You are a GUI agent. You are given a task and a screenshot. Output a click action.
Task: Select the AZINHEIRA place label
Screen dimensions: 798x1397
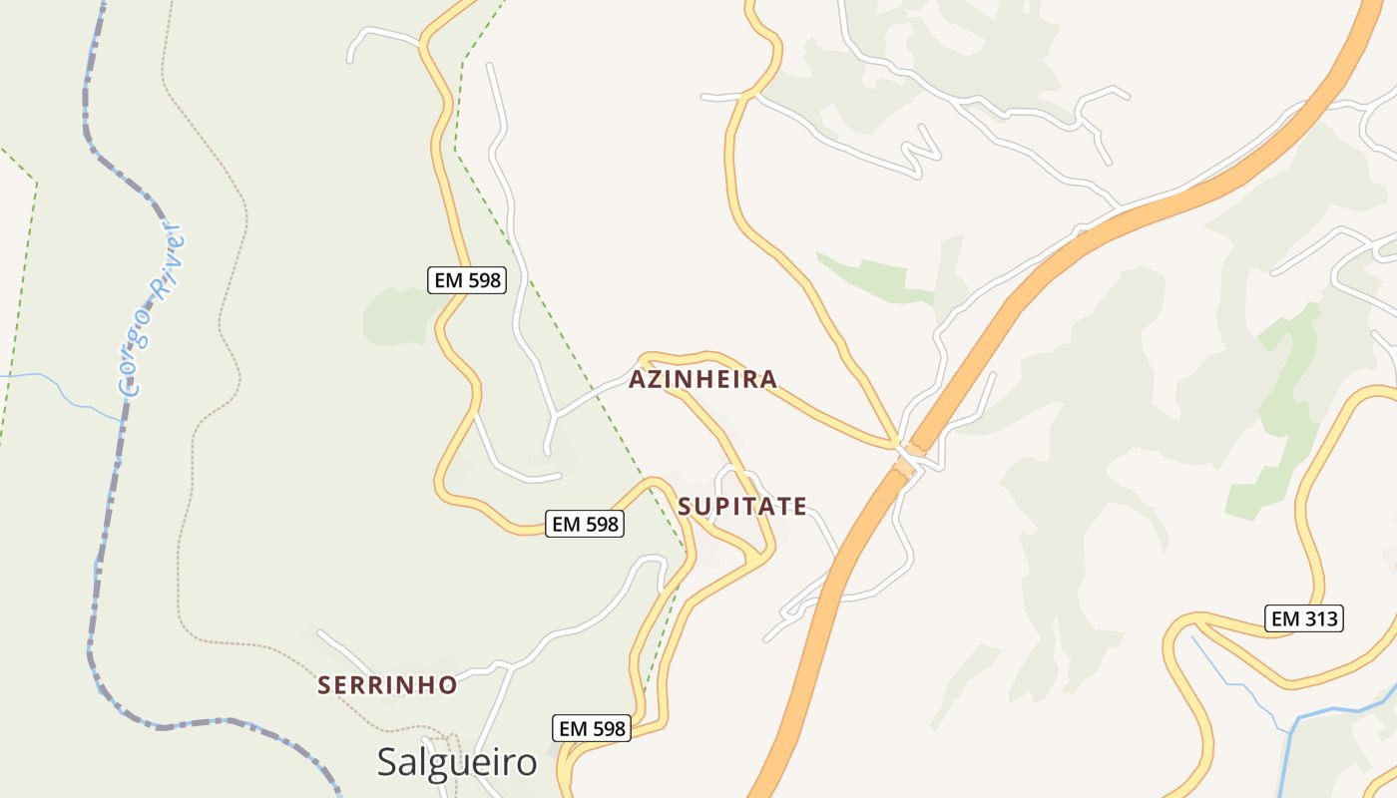click(702, 379)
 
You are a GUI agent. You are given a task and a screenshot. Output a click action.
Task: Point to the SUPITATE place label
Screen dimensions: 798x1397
click(742, 507)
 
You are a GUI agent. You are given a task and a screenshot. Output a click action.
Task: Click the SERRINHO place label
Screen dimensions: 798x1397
click(387, 685)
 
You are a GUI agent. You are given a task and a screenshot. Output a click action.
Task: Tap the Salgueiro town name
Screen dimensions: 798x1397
click(457, 763)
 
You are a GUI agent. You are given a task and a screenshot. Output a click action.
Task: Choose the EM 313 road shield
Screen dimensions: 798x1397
click(1304, 618)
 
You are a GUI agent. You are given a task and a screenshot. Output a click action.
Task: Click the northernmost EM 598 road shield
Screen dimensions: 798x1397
click(467, 280)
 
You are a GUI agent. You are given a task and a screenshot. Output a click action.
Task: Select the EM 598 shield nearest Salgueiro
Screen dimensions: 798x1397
click(592, 728)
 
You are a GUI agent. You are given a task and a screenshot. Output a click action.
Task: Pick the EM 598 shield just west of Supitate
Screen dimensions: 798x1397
click(585, 523)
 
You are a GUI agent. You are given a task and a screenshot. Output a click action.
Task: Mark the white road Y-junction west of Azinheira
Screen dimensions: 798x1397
click(553, 415)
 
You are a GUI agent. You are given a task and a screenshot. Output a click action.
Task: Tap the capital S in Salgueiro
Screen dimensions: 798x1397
click(387, 763)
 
